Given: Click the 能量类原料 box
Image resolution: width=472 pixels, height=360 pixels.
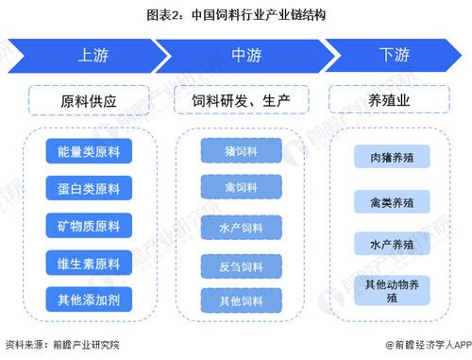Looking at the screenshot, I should click(88, 151).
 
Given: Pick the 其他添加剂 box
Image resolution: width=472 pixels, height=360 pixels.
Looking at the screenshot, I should click(88, 300).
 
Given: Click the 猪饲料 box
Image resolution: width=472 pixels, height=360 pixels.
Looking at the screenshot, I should click(242, 151).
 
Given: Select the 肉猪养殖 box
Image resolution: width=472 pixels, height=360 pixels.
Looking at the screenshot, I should click(390, 157).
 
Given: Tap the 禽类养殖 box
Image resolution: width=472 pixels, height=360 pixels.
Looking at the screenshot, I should click(390, 200).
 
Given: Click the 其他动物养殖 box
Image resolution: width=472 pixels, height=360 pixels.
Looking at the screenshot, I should click(390, 289).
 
